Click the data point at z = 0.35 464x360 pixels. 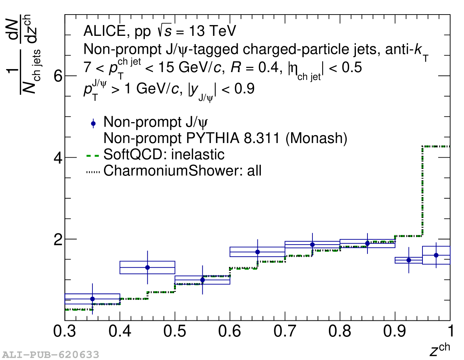92,299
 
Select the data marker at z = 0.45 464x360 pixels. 147,267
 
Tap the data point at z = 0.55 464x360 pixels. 202,280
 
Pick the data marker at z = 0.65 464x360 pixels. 257,252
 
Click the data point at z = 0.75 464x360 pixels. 312,245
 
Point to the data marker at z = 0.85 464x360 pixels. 367,243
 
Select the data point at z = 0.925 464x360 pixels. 409,260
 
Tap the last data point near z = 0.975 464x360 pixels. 436,255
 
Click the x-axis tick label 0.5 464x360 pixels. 175,331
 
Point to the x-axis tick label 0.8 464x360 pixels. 340,331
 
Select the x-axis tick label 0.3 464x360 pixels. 65,331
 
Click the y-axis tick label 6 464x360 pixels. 58,76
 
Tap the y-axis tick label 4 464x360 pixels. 58,158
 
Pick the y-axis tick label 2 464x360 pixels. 58,239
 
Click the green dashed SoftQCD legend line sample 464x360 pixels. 93,155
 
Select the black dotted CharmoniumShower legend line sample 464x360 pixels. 93,171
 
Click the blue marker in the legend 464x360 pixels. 93,123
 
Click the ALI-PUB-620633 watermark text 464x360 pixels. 51,354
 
